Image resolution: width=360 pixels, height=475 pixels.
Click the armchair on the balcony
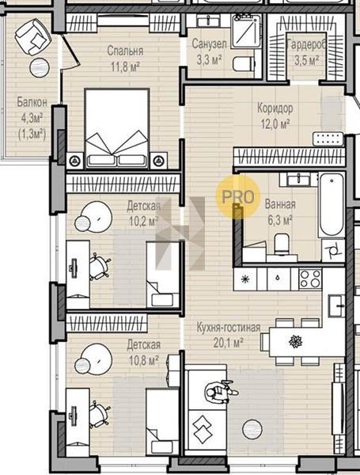tap(33, 36)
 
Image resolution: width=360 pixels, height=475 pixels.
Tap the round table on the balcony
tap(40, 67)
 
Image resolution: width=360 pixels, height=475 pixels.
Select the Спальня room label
tap(125, 51)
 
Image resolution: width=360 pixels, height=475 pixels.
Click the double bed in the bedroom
tap(117, 128)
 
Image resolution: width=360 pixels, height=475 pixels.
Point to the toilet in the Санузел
tap(243, 63)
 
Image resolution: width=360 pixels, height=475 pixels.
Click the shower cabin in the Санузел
tap(246, 31)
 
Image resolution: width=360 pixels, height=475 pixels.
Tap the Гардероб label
tap(307, 45)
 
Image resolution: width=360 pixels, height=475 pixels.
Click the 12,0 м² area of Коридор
tap(275, 123)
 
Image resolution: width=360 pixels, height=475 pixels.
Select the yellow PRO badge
tap(238, 196)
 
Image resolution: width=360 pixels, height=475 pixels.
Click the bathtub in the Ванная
tap(332, 205)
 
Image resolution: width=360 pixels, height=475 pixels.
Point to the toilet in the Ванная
tap(282, 243)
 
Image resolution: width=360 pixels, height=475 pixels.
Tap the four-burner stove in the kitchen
tap(310, 279)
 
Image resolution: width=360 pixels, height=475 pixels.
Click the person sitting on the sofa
tap(221, 392)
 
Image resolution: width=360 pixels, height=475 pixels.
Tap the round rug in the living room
tap(252, 428)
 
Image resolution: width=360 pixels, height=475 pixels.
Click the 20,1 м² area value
tap(229, 343)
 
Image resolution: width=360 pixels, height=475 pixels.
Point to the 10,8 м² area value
tap(144, 360)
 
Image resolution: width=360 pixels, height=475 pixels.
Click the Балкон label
tap(32, 102)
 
